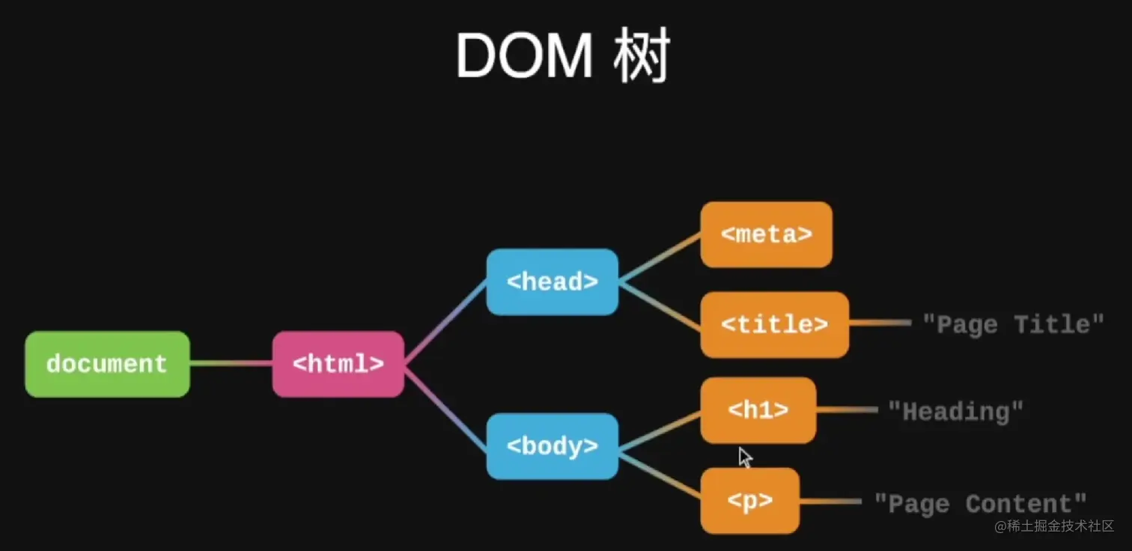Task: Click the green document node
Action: point(107,364)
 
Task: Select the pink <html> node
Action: point(338,364)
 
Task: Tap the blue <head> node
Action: point(552,281)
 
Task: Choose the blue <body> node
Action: point(552,446)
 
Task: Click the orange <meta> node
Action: point(766,234)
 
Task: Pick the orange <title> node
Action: point(774,324)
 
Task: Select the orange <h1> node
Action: point(758,410)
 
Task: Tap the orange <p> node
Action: point(749,501)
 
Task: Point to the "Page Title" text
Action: point(1013,324)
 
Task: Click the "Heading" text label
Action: point(955,411)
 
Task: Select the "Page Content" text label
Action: point(981,503)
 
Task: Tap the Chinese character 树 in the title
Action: point(641,56)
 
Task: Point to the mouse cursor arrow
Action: point(745,457)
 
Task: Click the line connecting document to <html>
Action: point(231,364)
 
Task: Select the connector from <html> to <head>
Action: point(445,323)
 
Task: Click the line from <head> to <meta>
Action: point(660,258)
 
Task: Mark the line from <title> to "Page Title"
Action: point(880,323)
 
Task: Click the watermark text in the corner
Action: point(1054,526)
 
